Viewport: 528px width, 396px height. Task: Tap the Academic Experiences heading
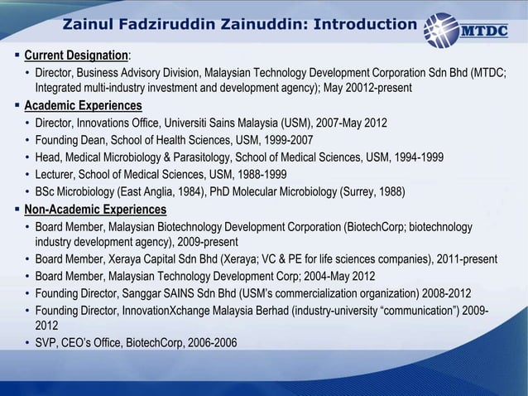pos(83,106)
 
